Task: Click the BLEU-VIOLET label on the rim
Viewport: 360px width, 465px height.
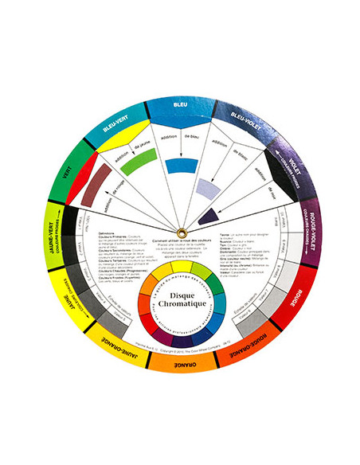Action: pyautogui.click(x=245, y=118)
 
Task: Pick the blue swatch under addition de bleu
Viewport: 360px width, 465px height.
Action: pyautogui.click(x=181, y=167)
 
